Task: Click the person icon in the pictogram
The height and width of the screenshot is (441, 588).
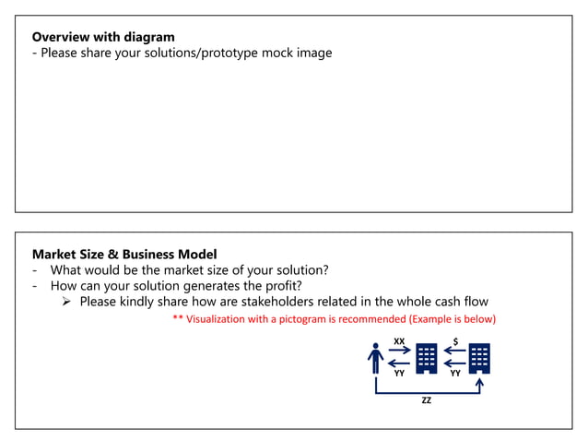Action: (375, 358)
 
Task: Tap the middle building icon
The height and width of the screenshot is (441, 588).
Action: (426, 358)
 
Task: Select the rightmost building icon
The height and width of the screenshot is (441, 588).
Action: (479, 358)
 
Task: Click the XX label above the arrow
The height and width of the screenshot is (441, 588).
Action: (399, 341)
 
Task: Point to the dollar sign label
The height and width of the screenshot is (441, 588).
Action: (455, 341)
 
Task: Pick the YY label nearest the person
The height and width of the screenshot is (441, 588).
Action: (399, 374)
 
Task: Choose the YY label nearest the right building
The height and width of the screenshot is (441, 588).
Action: (454, 374)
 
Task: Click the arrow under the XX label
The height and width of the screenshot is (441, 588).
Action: (400, 351)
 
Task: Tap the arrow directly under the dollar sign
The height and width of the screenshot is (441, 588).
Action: (453, 351)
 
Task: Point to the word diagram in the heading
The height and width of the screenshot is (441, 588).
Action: (150, 37)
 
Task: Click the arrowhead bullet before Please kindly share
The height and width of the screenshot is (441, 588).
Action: (67, 302)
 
